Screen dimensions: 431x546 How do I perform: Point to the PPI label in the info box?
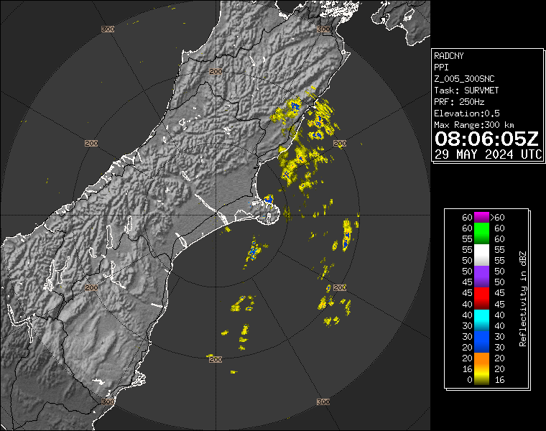pos(442,67)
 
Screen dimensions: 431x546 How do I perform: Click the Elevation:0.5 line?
pos(467,113)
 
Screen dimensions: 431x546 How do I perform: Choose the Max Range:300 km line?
pos(475,125)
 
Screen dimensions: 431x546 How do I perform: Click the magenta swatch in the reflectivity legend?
pos(480,217)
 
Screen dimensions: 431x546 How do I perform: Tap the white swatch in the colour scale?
pos(480,254)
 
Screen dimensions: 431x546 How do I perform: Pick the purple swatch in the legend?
pos(480,277)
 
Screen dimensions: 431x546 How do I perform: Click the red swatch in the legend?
pos(480,298)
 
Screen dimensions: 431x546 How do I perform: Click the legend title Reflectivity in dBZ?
pos(523,298)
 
